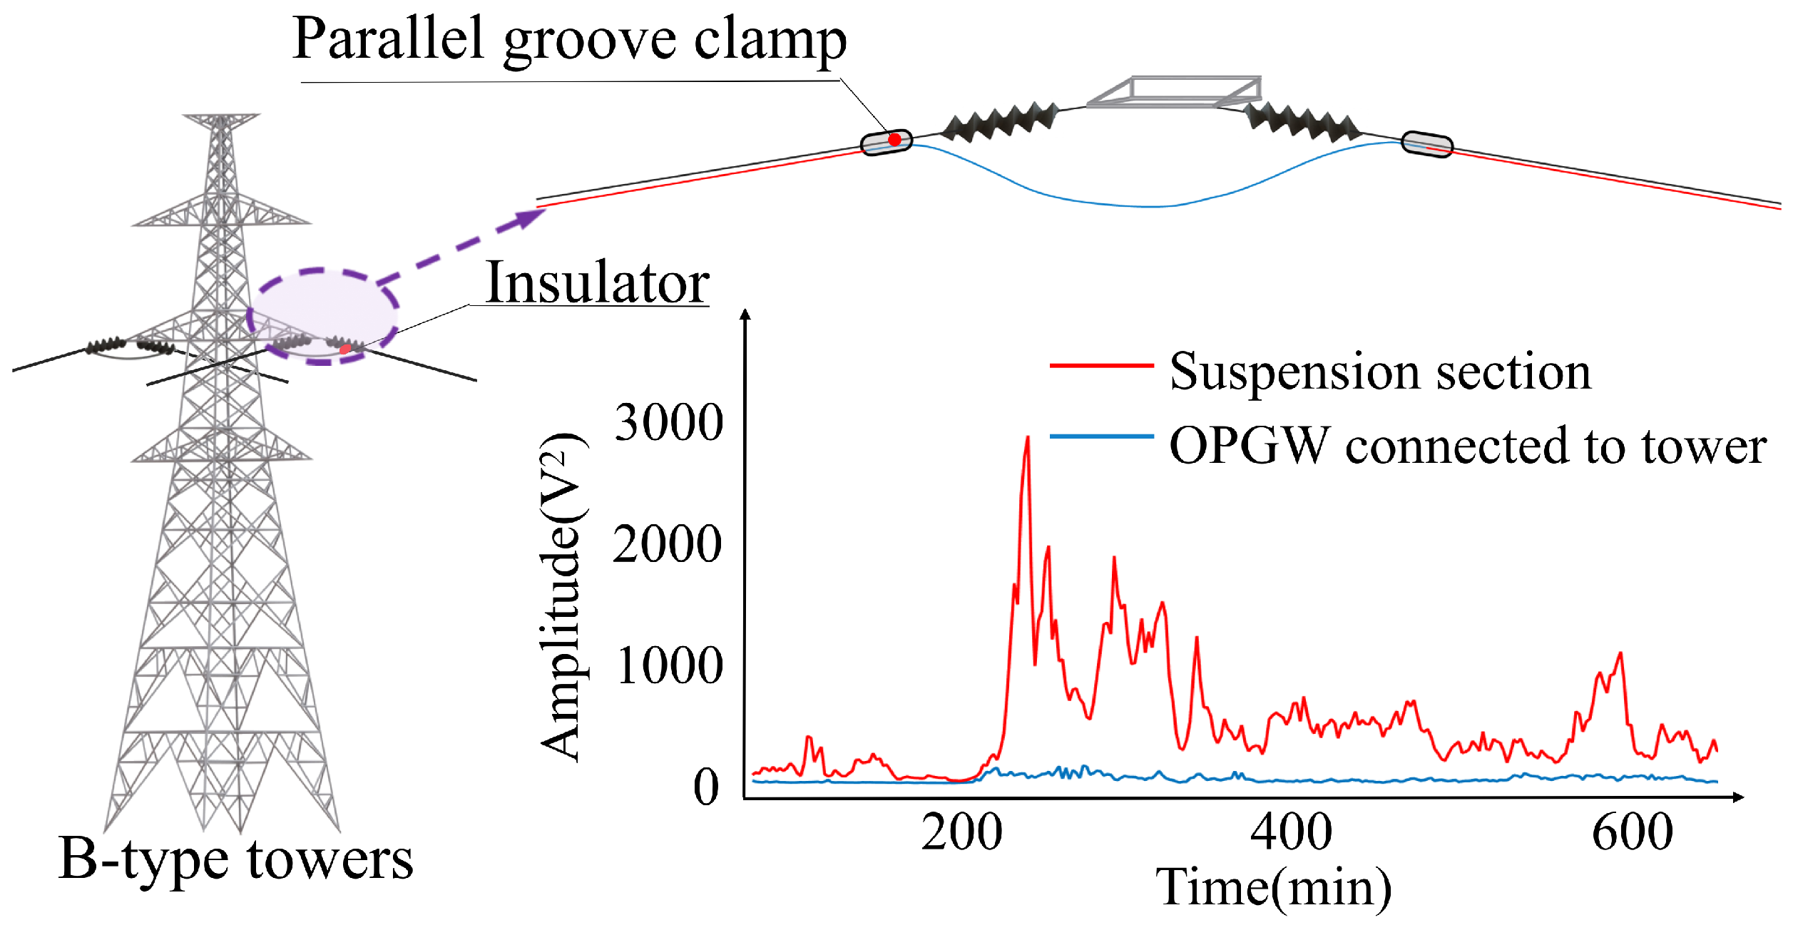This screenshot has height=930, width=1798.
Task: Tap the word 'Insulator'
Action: (x=597, y=282)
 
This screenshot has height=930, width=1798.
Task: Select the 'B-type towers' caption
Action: (x=235, y=859)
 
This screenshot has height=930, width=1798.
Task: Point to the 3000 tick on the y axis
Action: (x=668, y=422)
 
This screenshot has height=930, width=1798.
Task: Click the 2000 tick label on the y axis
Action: (x=667, y=544)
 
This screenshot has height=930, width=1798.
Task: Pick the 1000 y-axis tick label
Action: (x=669, y=665)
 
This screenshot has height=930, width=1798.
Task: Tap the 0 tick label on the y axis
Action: (x=706, y=787)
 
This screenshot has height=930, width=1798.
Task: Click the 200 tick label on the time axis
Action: (x=961, y=832)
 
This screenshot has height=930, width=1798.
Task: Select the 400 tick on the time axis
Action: (x=1291, y=832)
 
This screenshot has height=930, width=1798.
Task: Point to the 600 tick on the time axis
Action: (x=1633, y=832)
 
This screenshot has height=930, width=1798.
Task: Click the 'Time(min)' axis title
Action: (x=1273, y=888)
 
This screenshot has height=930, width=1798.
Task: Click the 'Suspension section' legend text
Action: (x=1380, y=372)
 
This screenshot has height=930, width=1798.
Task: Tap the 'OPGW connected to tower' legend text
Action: (x=1468, y=446)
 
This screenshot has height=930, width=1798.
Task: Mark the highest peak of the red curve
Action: (x=1027, y=438)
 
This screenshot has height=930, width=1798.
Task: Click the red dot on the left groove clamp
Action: (x=894, y=140)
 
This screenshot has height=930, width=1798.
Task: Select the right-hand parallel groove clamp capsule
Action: (x=1427, y=144)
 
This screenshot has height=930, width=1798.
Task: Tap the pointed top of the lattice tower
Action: (x=221, y=116)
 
